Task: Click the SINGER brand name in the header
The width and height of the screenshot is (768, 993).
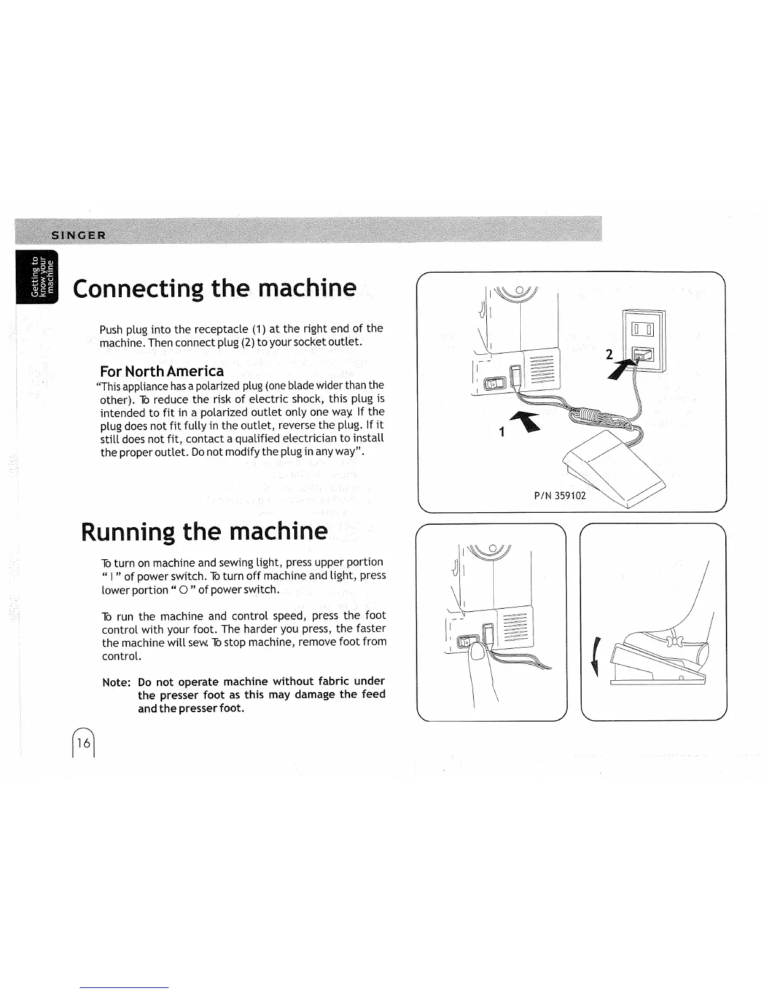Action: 79,235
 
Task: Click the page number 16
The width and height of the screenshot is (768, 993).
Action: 83,743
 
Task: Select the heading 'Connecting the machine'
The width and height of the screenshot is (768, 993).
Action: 215,288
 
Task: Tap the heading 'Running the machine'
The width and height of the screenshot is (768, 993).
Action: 205,532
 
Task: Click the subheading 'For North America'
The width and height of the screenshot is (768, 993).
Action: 162,371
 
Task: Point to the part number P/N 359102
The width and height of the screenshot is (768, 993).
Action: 560,495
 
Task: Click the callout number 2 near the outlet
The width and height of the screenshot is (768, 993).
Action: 609,355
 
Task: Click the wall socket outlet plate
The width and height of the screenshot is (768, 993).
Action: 643,341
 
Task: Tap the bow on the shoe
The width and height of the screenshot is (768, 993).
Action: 675,641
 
